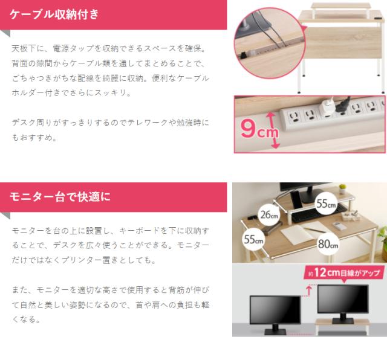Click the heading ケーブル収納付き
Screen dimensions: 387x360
tap(54, 14)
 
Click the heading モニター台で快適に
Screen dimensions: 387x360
tap(60, 197)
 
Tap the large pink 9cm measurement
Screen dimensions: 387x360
tap(259, 129)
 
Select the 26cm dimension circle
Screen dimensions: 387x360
tap(269, 215)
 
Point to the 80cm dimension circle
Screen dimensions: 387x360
tap(328, 244)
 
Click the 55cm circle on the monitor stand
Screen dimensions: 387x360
tap(326, 204)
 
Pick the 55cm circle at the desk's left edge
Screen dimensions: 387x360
tap(253, 239)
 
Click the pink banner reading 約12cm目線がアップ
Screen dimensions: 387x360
tap(344, 272)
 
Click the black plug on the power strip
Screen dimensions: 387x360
tap(343, 104)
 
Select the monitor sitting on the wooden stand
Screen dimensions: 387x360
tap(343, 304)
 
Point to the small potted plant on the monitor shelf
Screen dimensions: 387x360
tap(342, 189)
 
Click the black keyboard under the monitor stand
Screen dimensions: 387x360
tap(319, 213)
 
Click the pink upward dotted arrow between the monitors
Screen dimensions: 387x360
tap(308, 291)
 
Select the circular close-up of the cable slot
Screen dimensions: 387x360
tap(270, 43)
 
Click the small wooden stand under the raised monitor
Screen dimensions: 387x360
tap(343, 326)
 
